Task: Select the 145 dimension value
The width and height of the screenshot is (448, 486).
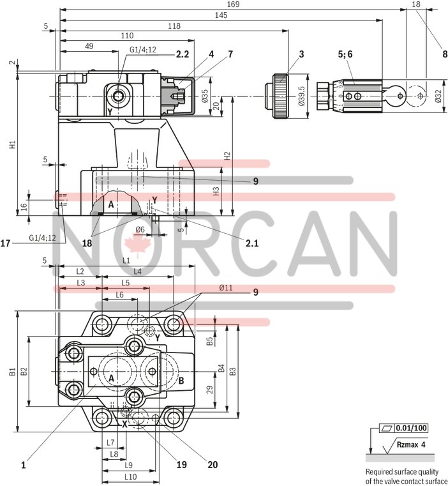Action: (x=221, y=15)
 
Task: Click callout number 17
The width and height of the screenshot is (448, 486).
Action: (x=6, y=243)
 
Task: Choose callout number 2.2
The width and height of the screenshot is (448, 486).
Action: (x=183, y=56)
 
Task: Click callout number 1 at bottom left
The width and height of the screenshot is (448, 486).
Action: (x=23, y=466)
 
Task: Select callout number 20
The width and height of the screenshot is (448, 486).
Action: (x=213, y=465)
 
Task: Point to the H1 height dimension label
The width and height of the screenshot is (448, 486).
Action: (x=11, y=145)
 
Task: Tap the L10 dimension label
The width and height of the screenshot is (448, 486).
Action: (x=130, y=477)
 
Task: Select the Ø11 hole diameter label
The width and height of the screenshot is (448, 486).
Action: (x=225, y=288)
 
